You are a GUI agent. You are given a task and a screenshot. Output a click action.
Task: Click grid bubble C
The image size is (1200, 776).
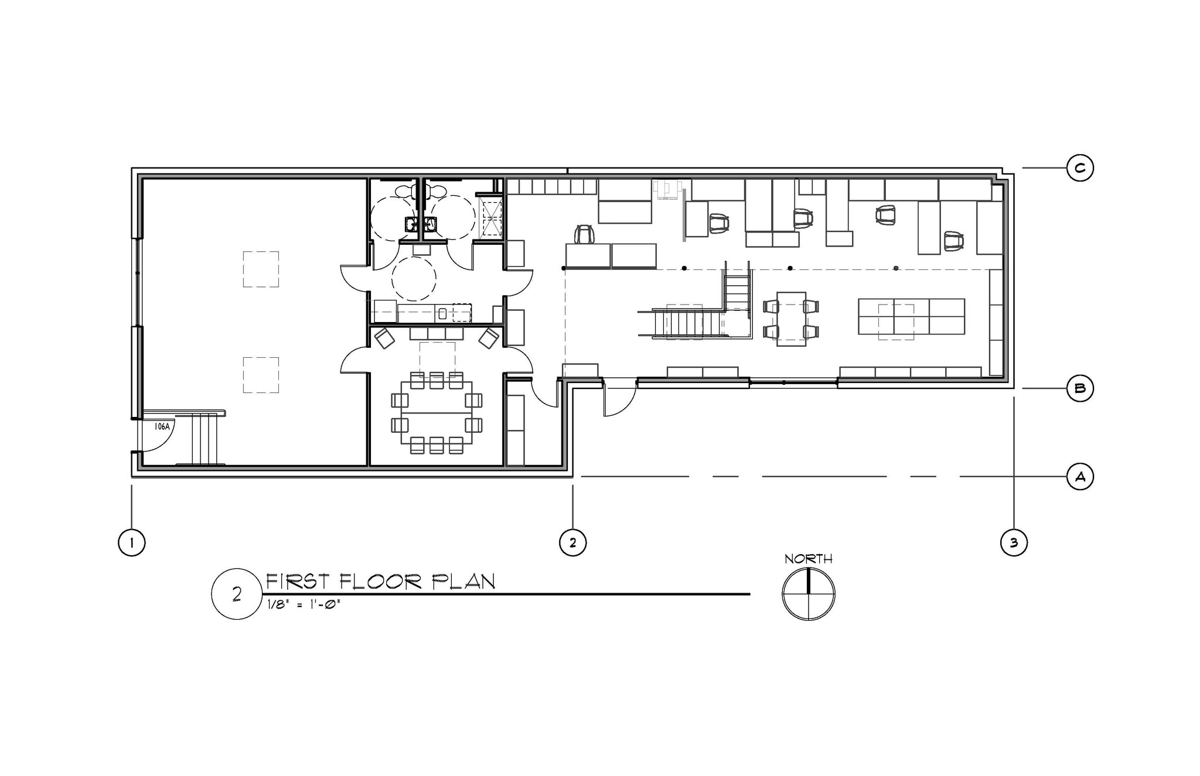point(1079,168)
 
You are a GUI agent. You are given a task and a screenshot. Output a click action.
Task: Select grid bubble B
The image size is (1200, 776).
point(1079,388)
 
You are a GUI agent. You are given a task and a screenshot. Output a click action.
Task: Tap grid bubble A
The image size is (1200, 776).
point(1079,477)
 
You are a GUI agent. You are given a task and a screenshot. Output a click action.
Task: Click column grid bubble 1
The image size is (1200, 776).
point(132,543)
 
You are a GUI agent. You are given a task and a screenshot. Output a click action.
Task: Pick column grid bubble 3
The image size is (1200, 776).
point(1014,543)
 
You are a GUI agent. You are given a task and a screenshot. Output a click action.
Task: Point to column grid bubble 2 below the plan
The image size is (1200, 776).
point(572,543)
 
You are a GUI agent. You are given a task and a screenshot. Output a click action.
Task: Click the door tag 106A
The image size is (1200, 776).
point(162,427)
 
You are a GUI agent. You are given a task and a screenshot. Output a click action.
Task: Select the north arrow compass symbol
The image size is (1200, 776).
point(808,594)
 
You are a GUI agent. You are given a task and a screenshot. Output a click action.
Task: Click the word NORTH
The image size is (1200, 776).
point(808,559)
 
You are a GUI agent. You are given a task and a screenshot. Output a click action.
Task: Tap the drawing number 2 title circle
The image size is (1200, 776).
point(237,594)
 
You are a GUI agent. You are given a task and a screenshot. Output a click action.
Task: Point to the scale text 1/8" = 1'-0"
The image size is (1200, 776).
point(304,605)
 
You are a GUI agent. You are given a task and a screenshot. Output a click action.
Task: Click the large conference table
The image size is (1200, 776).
point(437,413)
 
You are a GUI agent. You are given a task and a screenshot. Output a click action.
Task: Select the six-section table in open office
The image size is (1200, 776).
point(911,316)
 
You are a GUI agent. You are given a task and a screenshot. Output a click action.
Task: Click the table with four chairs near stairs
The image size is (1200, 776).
point(791,319)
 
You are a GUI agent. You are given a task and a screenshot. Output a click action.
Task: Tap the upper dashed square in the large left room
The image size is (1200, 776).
point(261,269)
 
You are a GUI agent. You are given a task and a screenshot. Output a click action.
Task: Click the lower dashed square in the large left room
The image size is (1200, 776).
point(261,375)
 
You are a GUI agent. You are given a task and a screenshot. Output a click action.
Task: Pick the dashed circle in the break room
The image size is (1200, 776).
point(414,279)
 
